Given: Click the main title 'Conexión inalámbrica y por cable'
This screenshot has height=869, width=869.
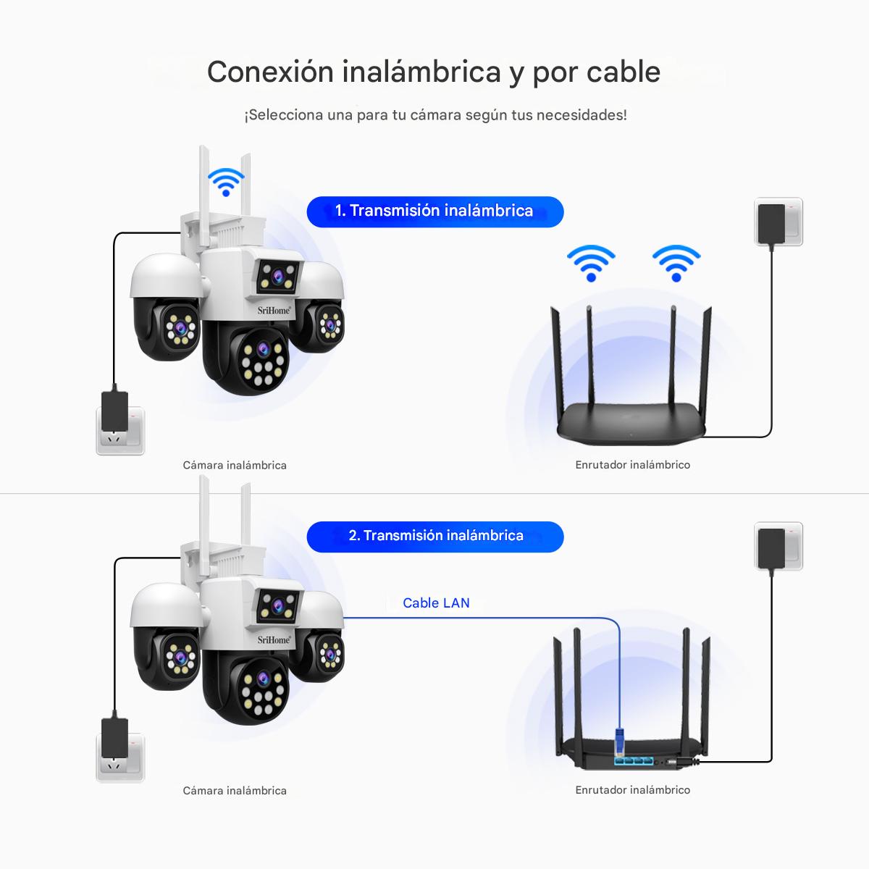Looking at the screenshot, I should coord(433,72).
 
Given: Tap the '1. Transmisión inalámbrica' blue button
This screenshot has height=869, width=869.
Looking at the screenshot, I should coord(434,211).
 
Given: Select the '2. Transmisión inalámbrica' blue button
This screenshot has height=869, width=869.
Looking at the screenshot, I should coord(435,537).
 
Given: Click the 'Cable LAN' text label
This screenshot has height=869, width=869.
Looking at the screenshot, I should coord(436,603).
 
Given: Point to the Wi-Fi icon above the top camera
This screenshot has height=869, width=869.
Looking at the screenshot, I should coord(226,181).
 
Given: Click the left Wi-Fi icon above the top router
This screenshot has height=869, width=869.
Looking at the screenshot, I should coord(591,262).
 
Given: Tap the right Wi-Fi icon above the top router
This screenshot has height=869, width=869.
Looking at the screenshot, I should coord(676,262).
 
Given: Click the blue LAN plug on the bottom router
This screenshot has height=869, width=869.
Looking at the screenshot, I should coord(620,743).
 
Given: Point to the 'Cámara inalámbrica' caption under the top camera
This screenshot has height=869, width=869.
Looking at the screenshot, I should coord(235,466).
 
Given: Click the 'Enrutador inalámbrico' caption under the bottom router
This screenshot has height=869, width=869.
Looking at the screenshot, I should coord(632,790).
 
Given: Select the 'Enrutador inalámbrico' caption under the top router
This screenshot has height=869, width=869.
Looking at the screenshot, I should coord(632,465).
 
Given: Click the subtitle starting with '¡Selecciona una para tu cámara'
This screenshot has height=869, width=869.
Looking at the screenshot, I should coord(435,115).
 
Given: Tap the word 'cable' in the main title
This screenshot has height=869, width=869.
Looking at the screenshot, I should coord(623,72).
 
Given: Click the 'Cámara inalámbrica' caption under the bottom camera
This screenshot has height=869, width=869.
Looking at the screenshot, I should coord(235,791).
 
